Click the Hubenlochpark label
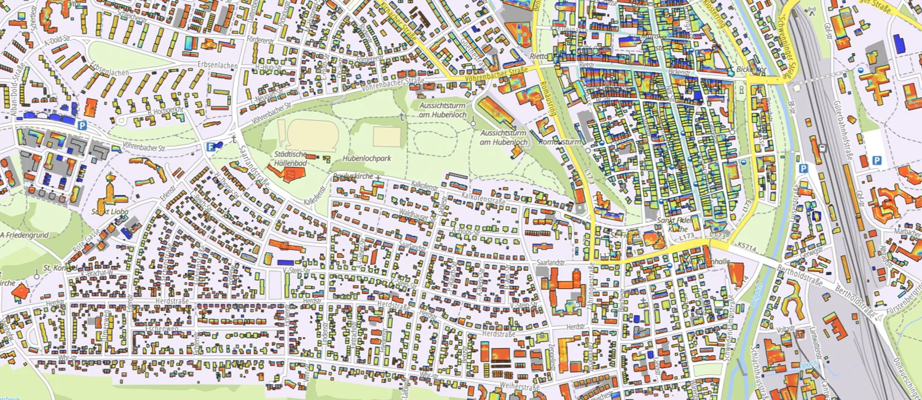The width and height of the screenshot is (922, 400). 367,159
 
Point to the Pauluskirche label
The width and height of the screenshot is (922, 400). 352,176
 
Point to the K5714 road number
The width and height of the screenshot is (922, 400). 747,246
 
